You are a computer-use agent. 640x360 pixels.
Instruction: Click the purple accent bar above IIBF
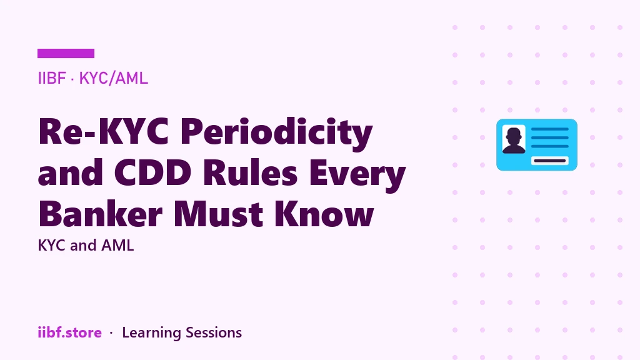point(66,54)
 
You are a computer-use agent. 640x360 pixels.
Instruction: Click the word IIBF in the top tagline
point(52,78)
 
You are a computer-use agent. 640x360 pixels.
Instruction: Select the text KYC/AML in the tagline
point(114,78)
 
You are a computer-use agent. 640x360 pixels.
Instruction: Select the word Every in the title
point(357,175)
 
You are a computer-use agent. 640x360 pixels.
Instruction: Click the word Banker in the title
point(101,213)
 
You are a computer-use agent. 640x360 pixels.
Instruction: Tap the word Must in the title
point(218,214)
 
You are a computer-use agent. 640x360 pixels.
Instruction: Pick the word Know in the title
point(324,213)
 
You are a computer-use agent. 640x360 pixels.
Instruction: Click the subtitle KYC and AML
point(86,245)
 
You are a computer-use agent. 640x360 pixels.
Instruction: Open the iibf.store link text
point(70,332)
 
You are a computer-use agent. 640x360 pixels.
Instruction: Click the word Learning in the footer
point(151,333)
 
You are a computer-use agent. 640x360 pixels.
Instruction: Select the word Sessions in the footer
point(214,332)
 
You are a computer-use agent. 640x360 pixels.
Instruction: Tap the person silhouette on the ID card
point(514,140)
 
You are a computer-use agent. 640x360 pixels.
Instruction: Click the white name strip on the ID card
point(550,161)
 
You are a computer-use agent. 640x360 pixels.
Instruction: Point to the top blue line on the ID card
point(550,129)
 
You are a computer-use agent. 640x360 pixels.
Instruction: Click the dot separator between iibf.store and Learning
point(111,333)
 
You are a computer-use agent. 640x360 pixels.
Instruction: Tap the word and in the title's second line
point(70,172)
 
